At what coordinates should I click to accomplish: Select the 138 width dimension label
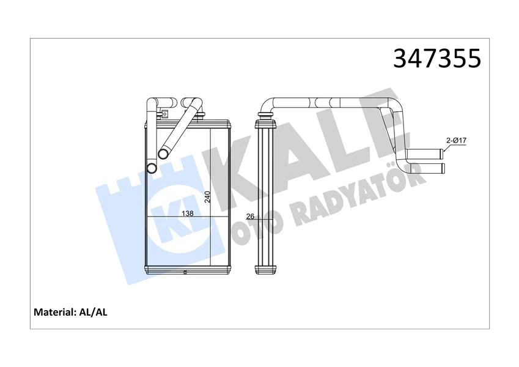point(188,213)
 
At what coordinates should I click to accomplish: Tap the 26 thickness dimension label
point(249,216)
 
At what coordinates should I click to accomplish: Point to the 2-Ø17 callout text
point(456,140)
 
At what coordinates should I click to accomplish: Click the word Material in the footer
point(53,312)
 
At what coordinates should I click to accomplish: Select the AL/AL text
point(94,312)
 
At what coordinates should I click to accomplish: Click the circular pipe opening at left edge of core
point(151,168)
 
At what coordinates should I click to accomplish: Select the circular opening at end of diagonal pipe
point(164,154)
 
